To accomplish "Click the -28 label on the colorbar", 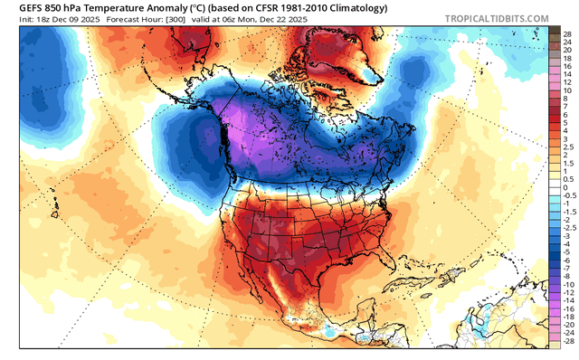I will pos(566,343).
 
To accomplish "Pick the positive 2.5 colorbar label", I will pos(566,145).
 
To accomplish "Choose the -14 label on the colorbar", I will pos(566,301).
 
